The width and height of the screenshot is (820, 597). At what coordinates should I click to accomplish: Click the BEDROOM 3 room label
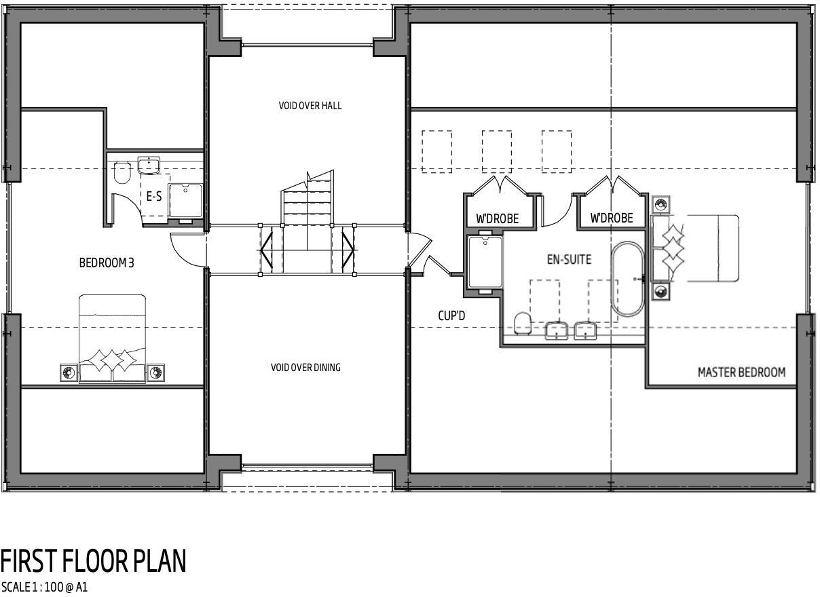pos(107,263)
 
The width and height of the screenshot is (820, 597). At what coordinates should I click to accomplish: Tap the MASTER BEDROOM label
pos(741,372)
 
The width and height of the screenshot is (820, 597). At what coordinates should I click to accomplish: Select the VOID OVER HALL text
pos(310,106)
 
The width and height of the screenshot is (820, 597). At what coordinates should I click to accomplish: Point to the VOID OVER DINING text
pos(305,368)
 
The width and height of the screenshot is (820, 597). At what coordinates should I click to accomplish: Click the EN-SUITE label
pos(569,259)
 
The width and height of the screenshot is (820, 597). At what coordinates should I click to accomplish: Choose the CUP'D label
pos(451,315)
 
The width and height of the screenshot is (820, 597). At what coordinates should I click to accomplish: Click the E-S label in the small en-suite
pos(154,197)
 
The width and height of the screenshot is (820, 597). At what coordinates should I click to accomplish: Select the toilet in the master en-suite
pos(522,323)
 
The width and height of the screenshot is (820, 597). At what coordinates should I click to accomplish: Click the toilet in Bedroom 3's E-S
pos(122,173)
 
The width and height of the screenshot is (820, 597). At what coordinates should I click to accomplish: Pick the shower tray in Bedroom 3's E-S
pos(185,201)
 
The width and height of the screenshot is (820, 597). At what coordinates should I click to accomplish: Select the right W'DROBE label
pos(611,218)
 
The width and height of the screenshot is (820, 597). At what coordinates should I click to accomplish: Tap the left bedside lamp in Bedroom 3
pos(68,372)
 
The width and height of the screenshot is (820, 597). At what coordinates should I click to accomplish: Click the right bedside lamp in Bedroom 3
pos(156,372)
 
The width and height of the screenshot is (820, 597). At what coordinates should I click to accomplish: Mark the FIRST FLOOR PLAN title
pos(93,562)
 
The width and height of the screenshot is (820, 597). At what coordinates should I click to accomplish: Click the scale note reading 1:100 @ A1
pos(44,588)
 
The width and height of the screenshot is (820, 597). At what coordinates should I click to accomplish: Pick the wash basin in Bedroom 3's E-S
pos(148,165)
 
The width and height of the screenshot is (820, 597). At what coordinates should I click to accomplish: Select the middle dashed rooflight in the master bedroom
pos(497,151)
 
